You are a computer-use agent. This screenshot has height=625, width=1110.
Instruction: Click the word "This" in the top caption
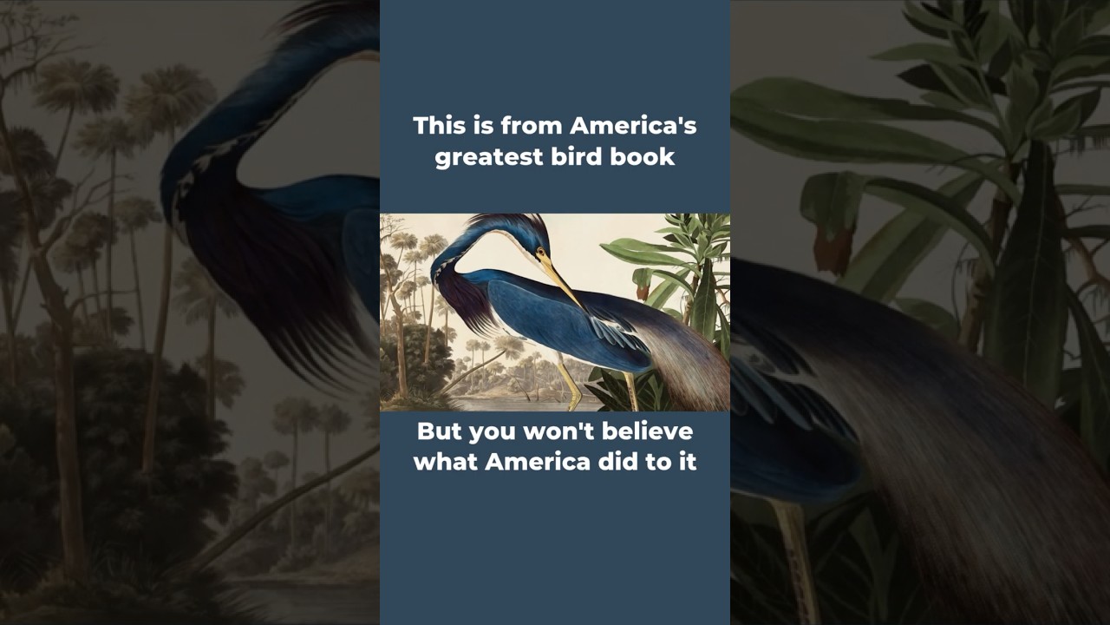point(434,126)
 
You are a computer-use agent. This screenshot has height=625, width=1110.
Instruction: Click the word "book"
point(642,157)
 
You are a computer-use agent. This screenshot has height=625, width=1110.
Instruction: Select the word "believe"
point(650,431)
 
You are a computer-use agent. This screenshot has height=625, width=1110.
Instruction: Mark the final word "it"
point(687,461)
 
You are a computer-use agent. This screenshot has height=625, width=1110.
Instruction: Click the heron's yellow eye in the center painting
point(539,254)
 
